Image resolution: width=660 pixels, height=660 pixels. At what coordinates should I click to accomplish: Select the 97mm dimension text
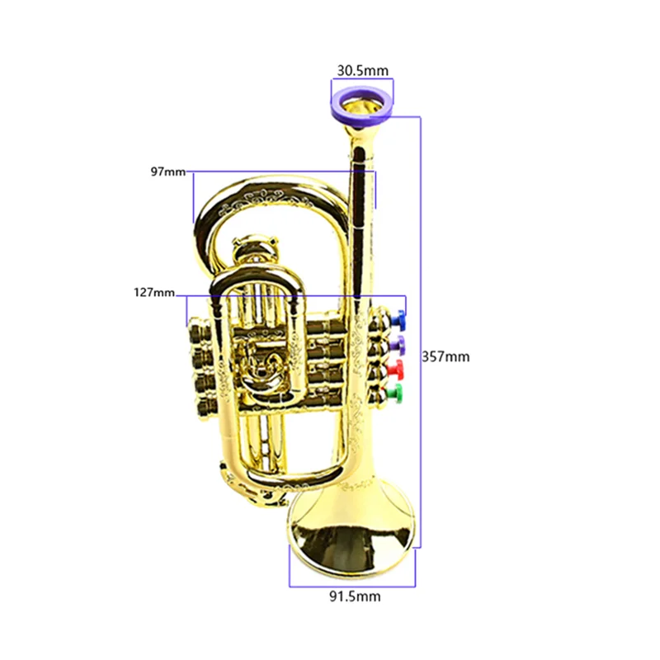click(x=168, y=172)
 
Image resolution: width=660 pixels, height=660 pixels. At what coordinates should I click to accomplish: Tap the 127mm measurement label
click(x=154, y=292)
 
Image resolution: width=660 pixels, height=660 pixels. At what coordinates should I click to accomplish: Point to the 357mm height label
click(x=445, y=356)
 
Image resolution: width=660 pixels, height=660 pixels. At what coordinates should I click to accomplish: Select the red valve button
click(x=395, y=366)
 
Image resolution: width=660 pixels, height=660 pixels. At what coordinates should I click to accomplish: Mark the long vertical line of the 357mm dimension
click(x=422, y=330)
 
